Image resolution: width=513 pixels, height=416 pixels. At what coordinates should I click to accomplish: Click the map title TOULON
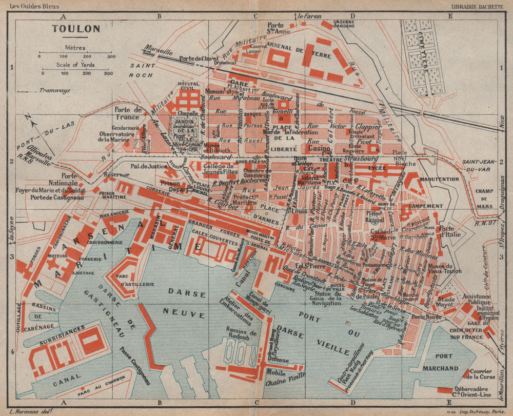click(x=75, y=29)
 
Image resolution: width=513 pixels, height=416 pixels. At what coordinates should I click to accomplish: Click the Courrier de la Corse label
click(x=484, y=373)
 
